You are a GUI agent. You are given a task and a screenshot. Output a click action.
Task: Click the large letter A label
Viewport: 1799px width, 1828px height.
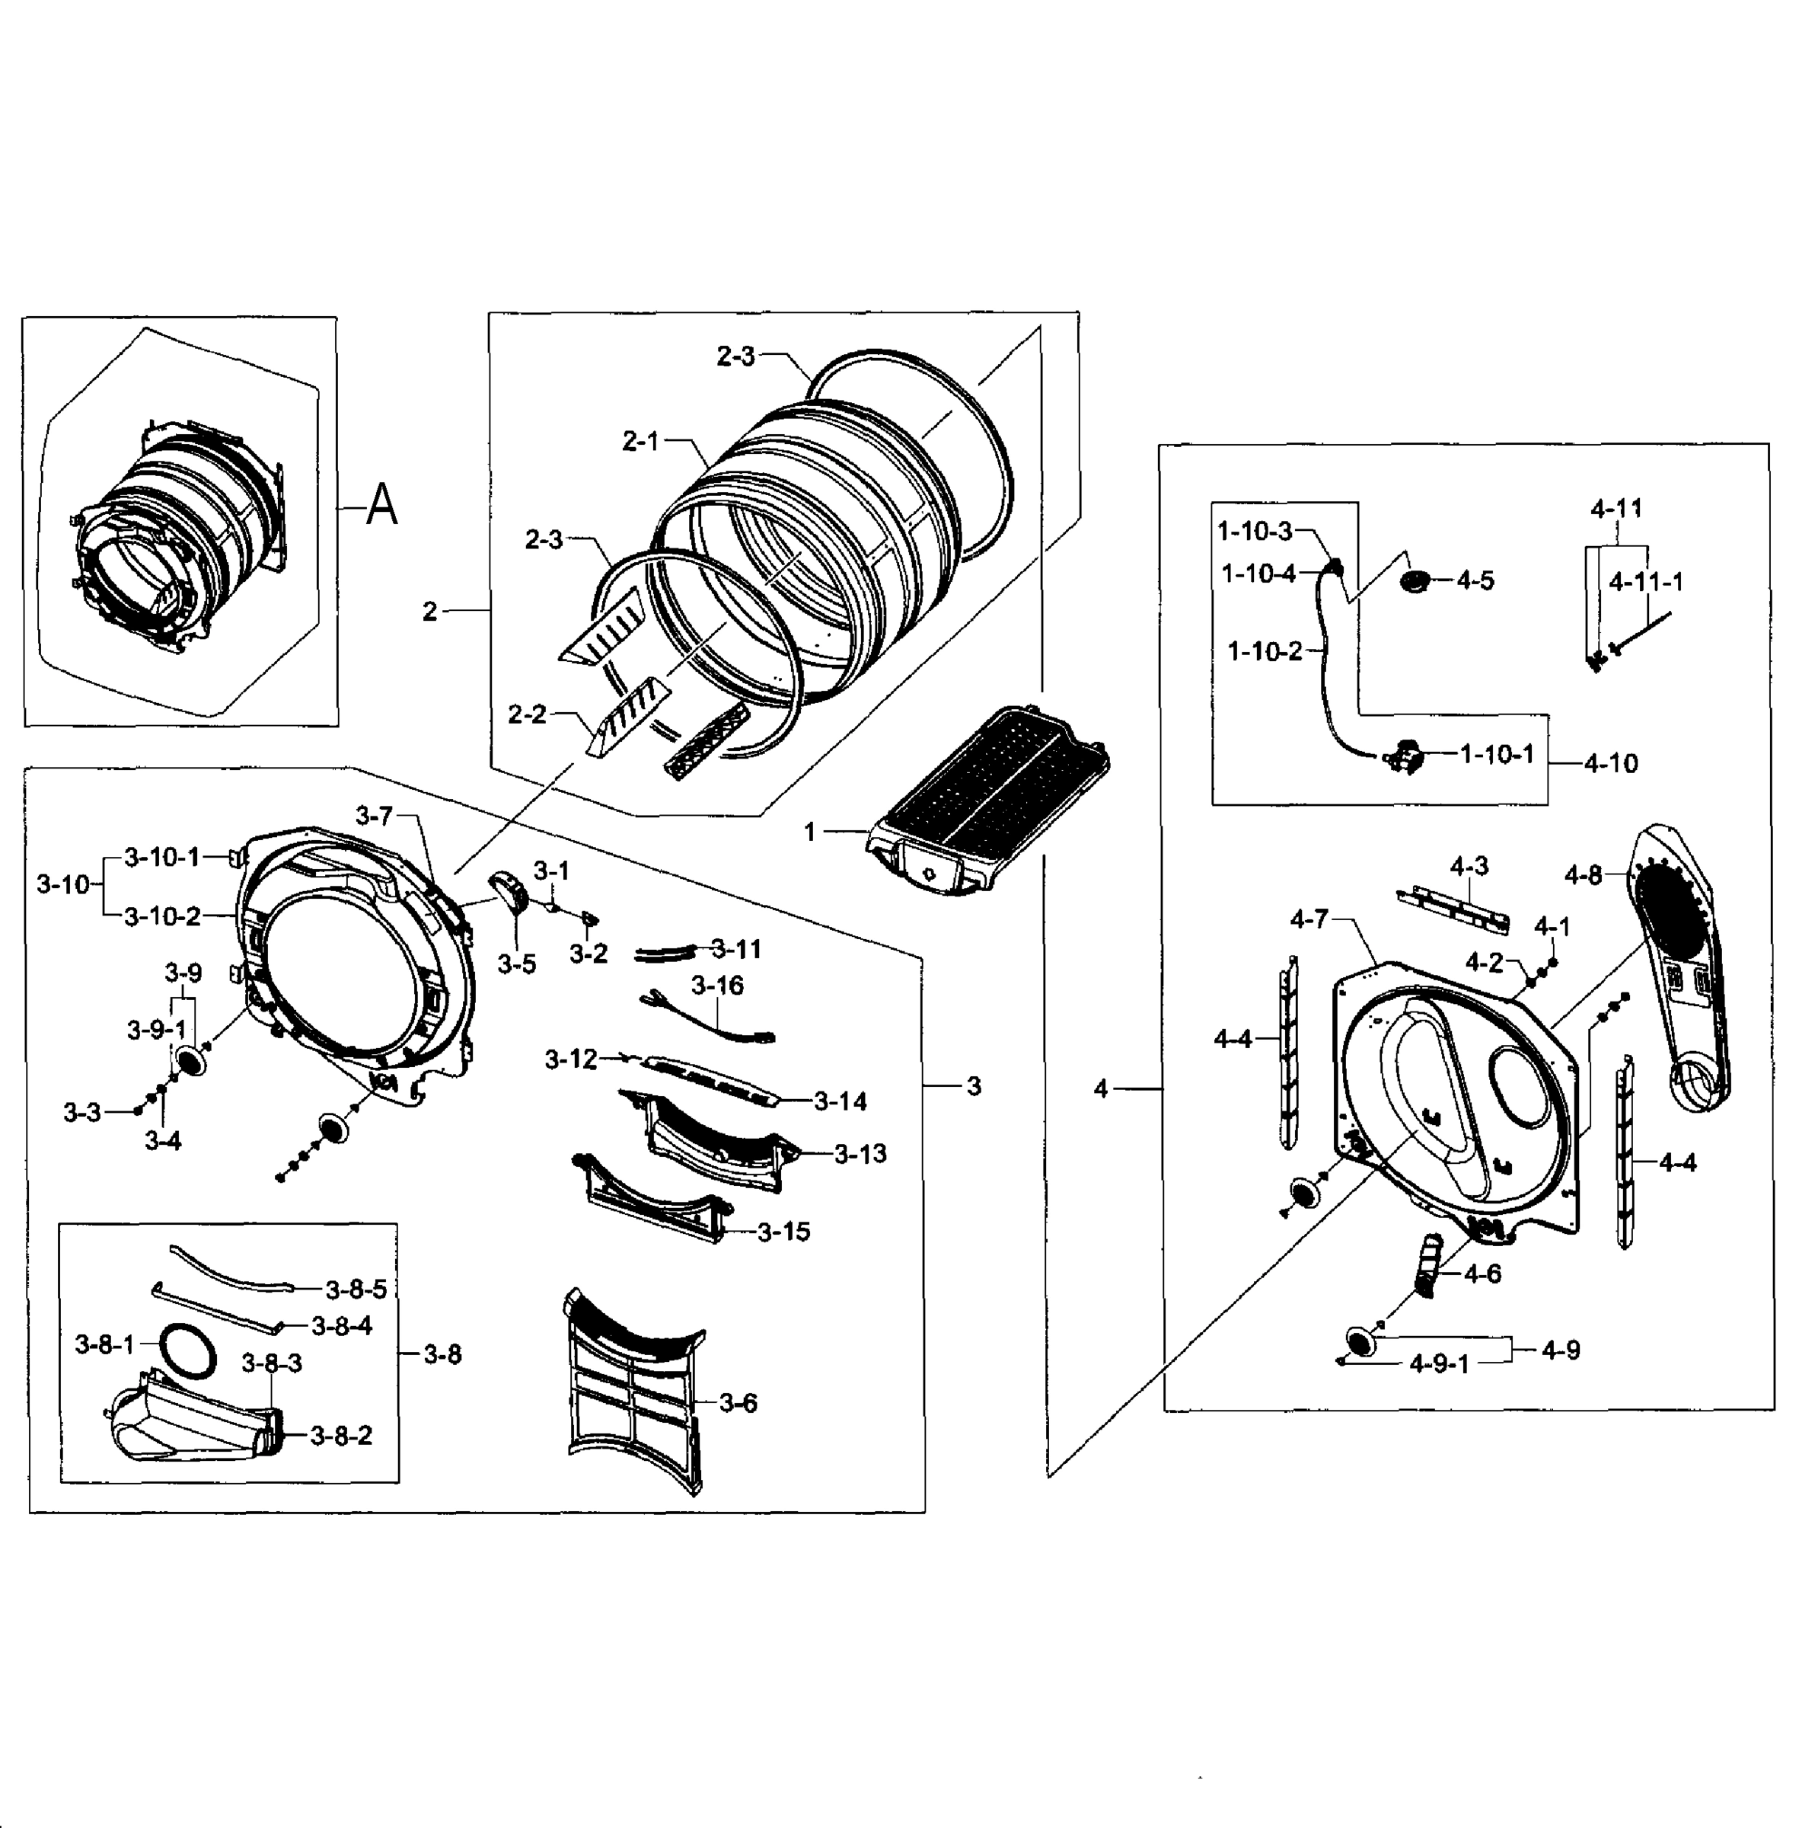pos(381,506)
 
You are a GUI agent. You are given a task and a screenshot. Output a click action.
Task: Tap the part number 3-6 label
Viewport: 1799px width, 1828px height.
pos(738,1403)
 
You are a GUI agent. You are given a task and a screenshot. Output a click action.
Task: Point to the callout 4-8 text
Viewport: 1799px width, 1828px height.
pos(1583,875)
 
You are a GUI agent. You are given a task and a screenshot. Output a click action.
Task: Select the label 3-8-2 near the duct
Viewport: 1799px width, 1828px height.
pos(340,1436)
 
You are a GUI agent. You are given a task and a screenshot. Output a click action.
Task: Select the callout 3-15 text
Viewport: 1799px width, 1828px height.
pos(783,1232)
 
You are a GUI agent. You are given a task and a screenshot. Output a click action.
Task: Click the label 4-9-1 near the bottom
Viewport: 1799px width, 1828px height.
pos(1439,1364)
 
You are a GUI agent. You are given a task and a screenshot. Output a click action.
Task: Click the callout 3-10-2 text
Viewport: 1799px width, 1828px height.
pos(161,916)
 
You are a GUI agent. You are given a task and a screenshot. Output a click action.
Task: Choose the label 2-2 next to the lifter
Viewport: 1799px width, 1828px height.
pos(528,714)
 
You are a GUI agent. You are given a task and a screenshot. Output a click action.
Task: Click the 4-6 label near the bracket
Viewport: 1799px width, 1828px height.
pos(1482,1274)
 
